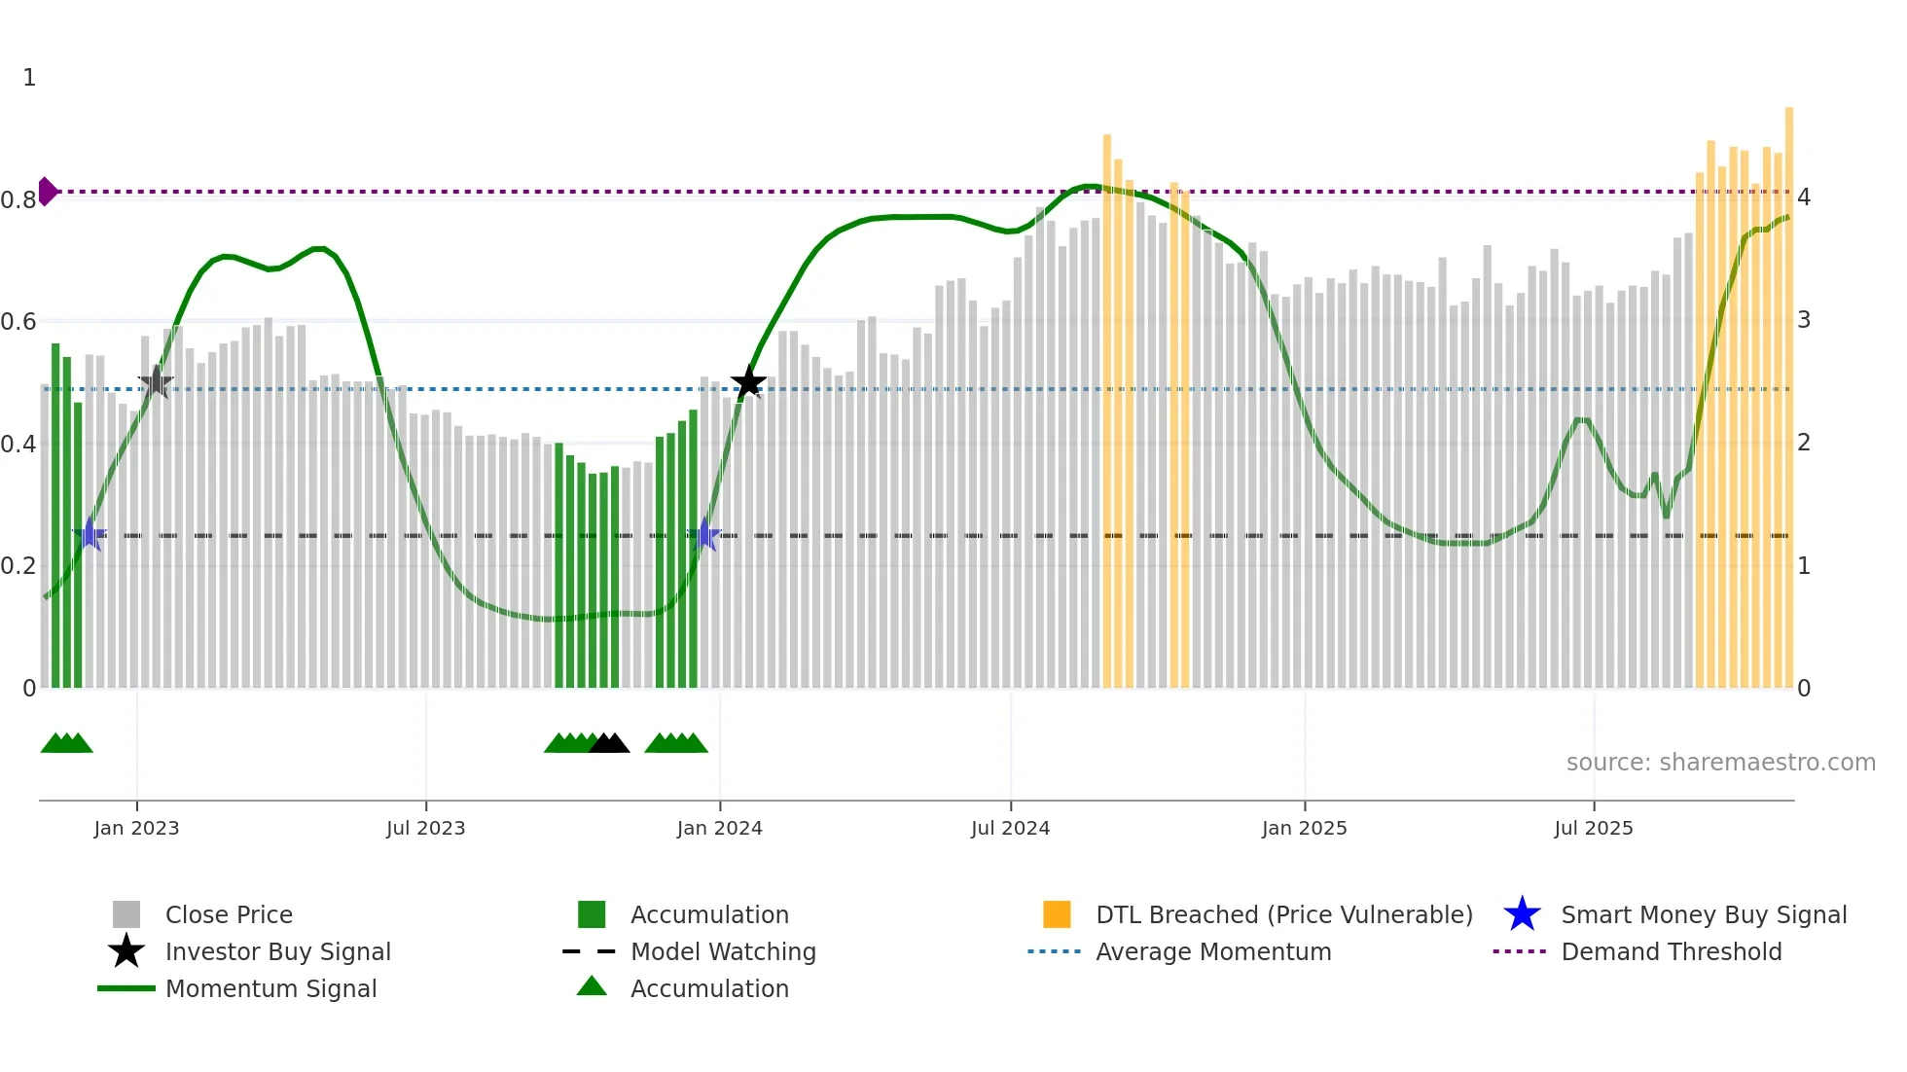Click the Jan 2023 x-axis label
[136, 828]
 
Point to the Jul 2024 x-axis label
[1010, 828]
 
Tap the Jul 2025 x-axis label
[1593, 828]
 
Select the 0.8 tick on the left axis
[18, 200]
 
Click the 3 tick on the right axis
[1803, 320]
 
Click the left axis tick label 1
[29, 78]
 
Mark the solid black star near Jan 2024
[748, 382]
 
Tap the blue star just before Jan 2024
[704, 535]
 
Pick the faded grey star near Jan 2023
[156, 382]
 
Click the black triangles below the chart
[609, 743]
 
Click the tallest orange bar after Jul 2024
[1106, 409]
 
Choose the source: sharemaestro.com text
[1720, 763]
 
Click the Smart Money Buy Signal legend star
[1522, 914]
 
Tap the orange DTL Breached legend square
[1057, 914]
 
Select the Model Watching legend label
[723, 951]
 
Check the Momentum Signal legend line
[126, 988]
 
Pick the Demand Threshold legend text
[1671, 951]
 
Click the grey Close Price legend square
[126, 914]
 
